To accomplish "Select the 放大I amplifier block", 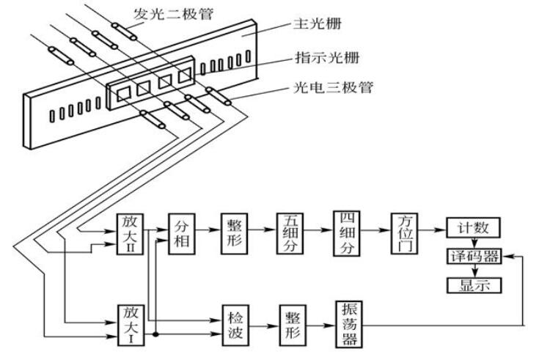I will (x=130, y=322).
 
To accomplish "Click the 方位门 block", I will (x=405, y=233).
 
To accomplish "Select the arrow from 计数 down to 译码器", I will (x=474, y=243).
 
